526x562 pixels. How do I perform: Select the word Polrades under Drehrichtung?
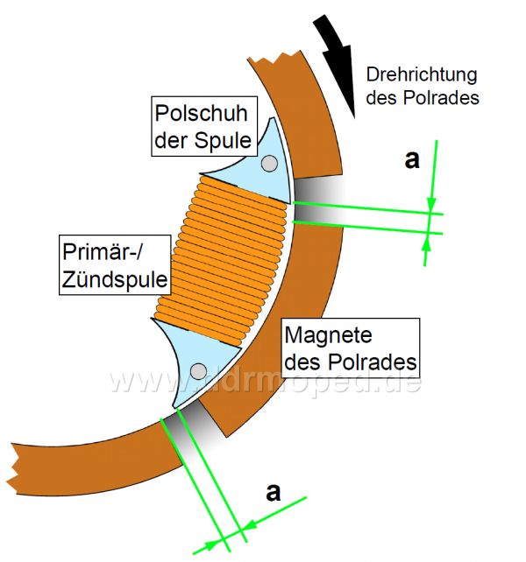pos(448,98)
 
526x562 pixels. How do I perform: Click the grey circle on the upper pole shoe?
pos(270,162)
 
